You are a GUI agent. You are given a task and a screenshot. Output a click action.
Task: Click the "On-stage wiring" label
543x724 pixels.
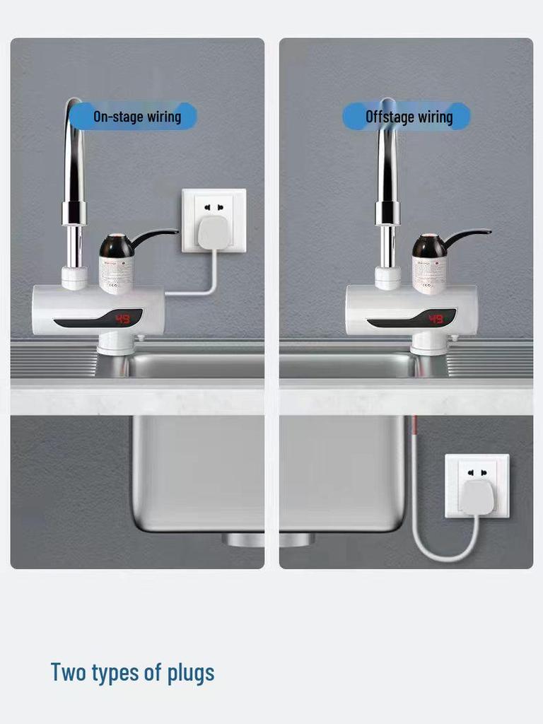point(136,117)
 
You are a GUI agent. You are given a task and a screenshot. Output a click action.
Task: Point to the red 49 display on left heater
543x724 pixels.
point(122,320)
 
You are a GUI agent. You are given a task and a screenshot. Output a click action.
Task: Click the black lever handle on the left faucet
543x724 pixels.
point(155,235)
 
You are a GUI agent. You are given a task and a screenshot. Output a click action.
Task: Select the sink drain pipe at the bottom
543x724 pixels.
point(269,539)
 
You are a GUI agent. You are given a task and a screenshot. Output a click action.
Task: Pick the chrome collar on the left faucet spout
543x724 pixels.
point(74,212)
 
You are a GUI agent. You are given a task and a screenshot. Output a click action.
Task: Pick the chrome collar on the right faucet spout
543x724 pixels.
point(387,212)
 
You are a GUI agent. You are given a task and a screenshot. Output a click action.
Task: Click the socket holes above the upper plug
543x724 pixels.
point(214,207)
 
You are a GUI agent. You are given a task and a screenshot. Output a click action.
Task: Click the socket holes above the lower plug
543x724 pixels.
point(477,472)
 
